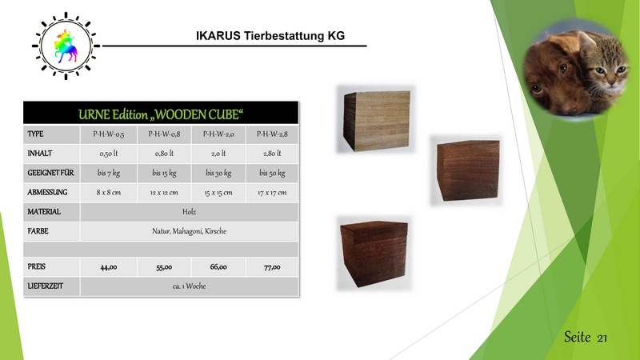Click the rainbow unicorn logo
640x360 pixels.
pyautogui.click(x=66, y=46)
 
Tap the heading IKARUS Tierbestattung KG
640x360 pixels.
pyautogui.click(x=270, y=36)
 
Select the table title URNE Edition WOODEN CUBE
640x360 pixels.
pyautogui.click(x=161, y=114)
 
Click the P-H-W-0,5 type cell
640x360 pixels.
pyautogui.click(x=109, y=134)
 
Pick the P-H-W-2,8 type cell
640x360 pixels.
pyautogui.click(x=272, y=134)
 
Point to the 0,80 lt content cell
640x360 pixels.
pyautogui.click(x=164, y=154)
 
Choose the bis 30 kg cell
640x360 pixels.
pyautogui.click(x=218, y=173)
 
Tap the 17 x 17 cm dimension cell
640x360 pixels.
pyautogui.click(x=272, y=193)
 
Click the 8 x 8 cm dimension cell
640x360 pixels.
pyautogui.click(x=109, y=193)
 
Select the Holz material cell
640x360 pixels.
pyautogui.click(x=190, y=212)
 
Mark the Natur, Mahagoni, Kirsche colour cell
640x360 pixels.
pyautogui.click(x=190, y=231)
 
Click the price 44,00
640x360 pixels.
pyautogui.click(x=109, y=267)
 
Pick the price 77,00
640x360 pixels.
pyautogui.click(x=272, y=267)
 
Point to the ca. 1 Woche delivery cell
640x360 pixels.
pyautogui.click(x=190, y=286)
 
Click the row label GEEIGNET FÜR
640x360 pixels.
pyautogui.click(x=50, y=173)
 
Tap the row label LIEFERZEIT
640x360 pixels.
pyautogui.click(x=46, y=286)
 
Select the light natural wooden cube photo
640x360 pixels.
pyautogui.click(x=376, y=119)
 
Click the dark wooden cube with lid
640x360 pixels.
pyautogui.click(x=374, y=253)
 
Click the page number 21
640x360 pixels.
pyautogui.click(x=602, y=338)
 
